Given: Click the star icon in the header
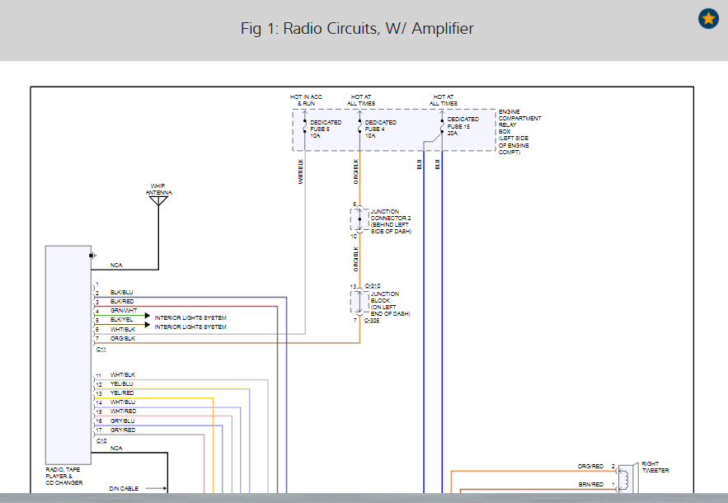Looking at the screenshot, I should pos(708,18).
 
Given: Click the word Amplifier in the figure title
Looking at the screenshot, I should pos(442,29).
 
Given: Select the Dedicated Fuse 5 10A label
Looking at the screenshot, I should pos(325,129).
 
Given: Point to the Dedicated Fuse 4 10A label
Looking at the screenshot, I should pos(380,129).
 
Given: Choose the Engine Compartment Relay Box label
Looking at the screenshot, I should pos(519,131).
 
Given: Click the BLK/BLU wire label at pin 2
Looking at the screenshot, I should pos(122,293).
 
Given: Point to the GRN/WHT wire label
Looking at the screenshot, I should pos(123,310).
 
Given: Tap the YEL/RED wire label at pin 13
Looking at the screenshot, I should pos(122,393).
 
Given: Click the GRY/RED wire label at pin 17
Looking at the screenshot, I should pos(123,430).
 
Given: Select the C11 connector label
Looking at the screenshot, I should pos(101,349).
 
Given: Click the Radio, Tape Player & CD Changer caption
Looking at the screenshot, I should pos(64,476).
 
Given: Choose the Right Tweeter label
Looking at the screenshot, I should pos(655,467).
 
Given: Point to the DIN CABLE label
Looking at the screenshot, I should pos(124,488).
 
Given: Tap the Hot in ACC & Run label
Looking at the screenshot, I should pos(306,100).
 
